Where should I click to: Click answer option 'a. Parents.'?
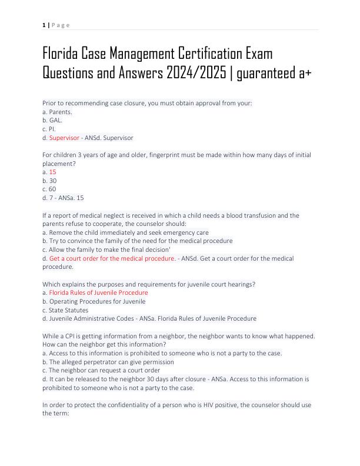coord(56,111)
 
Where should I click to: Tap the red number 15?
coord(52,172)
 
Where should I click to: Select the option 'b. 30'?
coord(49,181)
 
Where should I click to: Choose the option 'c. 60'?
coord(49,189)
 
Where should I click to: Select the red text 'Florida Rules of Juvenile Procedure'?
coord(98,292)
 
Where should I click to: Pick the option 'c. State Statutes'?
coord(65,310)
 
